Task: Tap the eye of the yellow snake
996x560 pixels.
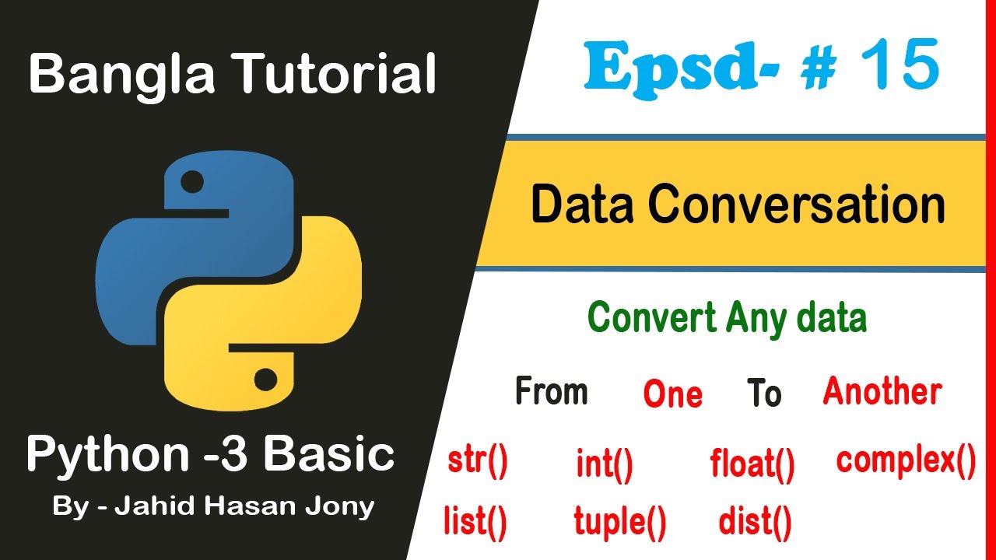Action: point(265,380)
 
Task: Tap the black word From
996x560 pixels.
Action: point(551,391)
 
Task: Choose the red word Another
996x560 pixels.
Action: point(882,391)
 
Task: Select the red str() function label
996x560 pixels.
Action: point(477,462)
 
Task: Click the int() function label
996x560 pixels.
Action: point(605,465)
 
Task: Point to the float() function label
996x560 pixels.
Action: point(752,465)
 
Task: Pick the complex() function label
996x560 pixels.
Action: point(906,460)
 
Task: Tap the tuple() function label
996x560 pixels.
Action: point(620,522)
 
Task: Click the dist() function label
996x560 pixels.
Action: point(755,522)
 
